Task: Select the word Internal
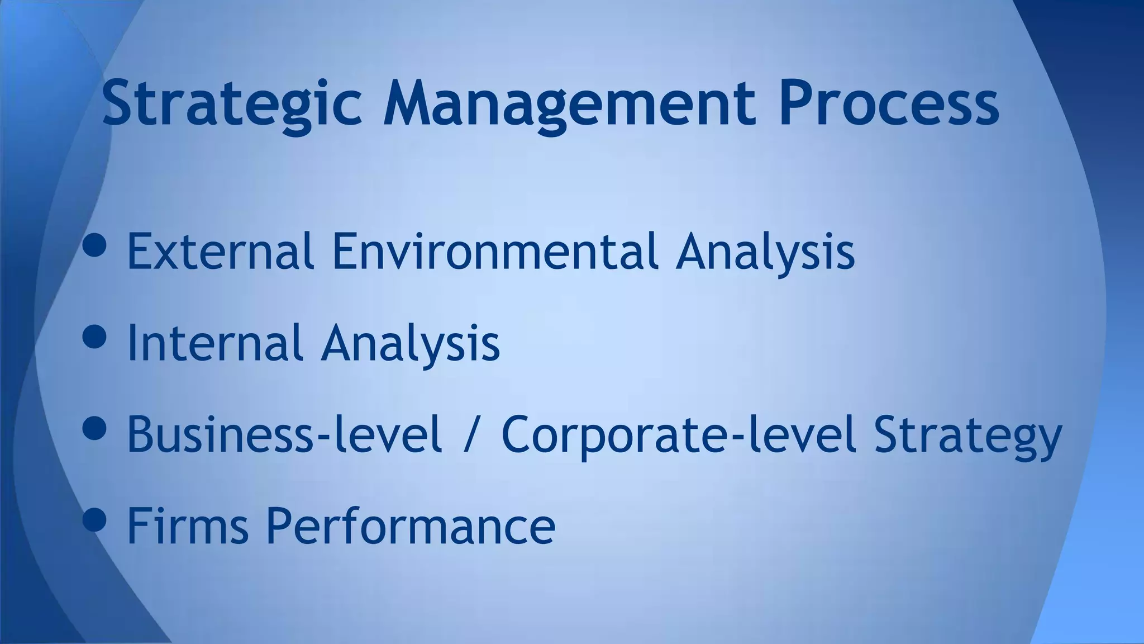[215, 343]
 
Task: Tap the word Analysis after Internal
[411, 344]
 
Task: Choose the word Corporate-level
[679, 434]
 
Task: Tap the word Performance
[410, 527]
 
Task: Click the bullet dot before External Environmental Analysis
[94, 245]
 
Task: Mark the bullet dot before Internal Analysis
[94, 337]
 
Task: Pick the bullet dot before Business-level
[94, 428]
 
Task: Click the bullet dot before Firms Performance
[94, 519]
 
